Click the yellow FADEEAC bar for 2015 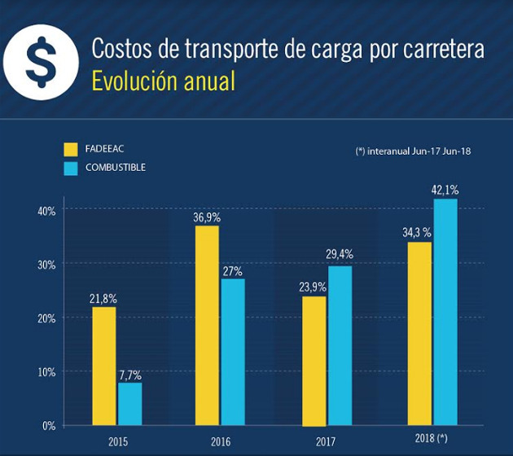(103, 366)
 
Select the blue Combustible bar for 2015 (130, 404)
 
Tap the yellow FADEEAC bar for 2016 (208, 325)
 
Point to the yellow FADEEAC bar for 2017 (314, 361)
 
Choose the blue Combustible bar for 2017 (340, 345)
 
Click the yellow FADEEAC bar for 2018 (420, 333)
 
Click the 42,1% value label (445, 190)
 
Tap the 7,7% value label (129, 375)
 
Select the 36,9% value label (207, 217)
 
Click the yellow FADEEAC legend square (71, 149)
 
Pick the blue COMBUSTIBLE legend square (71, 169)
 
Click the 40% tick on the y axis (45, 210)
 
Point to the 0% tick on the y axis (48, 425)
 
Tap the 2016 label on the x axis (221, 442)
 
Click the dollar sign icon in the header (38, 63)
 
